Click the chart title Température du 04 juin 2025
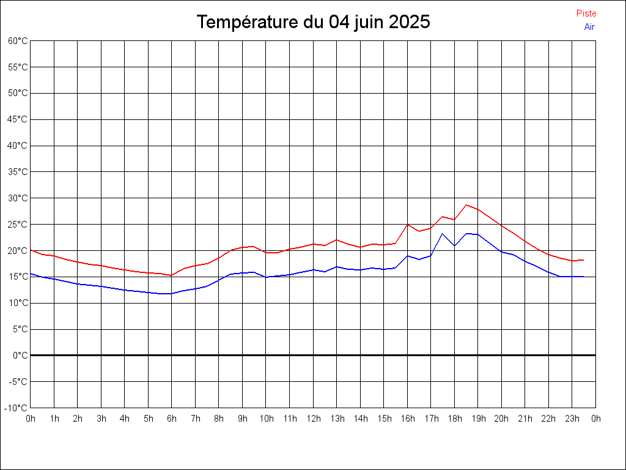(313, 22)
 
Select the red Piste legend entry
(586, 13)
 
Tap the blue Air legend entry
(589, 27)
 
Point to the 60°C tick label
(18, 41)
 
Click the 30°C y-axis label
(18, 198)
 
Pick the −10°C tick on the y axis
(17, 408)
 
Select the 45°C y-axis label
(18, 119)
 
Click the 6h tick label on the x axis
(172, 419)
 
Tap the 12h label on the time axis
(313, 419)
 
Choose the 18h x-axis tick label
(455, 419)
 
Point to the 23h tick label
(572, 419)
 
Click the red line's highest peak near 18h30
(466, 205)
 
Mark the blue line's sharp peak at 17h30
(443, 234)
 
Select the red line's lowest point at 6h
(172, 275)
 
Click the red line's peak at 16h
(408, 225)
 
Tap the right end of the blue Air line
(584, 277)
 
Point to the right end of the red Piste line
(584, 260)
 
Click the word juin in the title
(367, 22)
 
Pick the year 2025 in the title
(410, 22)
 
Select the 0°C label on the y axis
(20, 355)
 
